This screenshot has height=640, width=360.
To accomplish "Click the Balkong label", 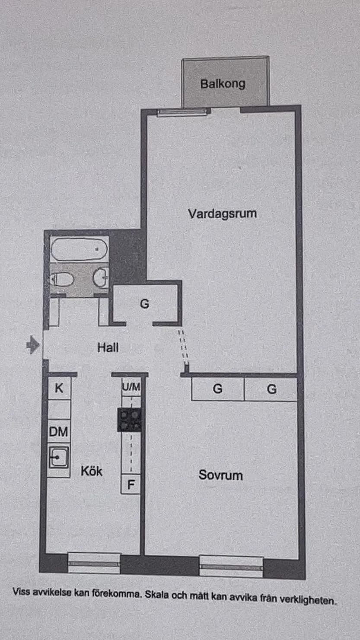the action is click(x=223, y=83).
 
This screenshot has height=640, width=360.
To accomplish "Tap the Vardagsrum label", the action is click(x=222, y=213).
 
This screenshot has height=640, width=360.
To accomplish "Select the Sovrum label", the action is click(x=220, y=475).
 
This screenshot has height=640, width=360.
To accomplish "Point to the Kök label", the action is click(x=92, y=471).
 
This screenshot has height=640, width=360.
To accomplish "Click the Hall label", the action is click(x=108, y=347).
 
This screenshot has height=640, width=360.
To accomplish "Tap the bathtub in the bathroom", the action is click(x=79, y=249).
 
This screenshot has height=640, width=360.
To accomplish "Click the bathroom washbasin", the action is click(x=101, y=277).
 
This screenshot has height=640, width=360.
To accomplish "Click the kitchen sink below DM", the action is click(x=58, y=457).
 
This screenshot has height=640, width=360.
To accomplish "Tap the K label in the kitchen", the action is click(x=59, y=388).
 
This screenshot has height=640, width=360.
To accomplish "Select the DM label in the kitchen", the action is click(x=58, y=431).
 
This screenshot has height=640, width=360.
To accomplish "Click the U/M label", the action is click(x=131, y=387).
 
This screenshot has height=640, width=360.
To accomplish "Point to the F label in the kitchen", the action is click(x=131, y=484).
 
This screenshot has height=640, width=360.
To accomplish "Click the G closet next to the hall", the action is click(x=144, y=304).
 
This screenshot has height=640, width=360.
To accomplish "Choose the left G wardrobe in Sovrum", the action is click(x=217, y=389).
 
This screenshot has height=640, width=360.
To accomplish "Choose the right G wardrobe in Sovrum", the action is click(x=271, y=389).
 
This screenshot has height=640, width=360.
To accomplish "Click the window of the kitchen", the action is click(x=94, y=563).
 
